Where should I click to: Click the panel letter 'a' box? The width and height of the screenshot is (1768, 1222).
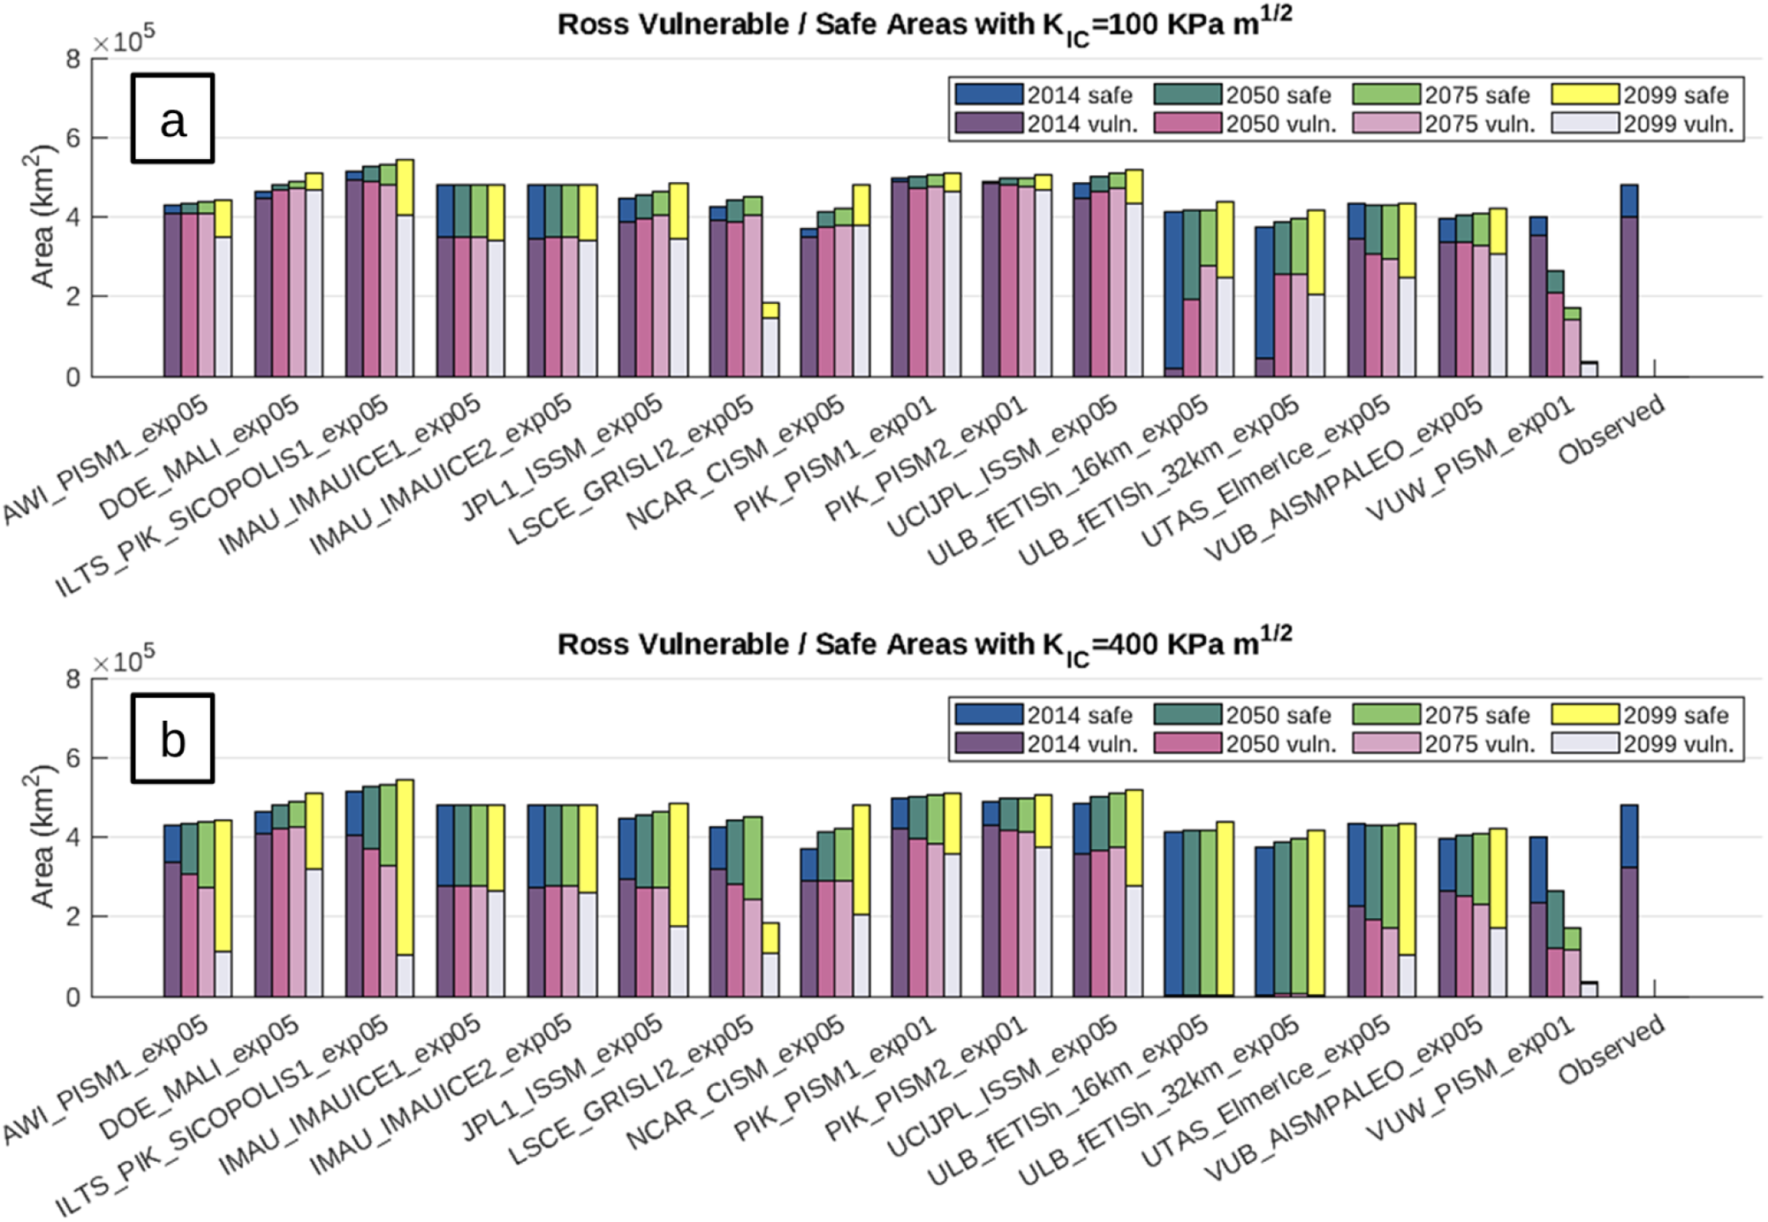(x=172, y=118)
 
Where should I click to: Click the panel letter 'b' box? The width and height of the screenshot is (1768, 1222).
(x=172, y=739)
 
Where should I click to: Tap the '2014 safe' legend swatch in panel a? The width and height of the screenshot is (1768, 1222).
(x=989, y=95)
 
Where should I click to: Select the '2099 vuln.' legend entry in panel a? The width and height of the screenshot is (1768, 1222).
(x=1643, y=124)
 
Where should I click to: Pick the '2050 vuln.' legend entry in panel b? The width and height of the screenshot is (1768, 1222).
(x=1246, y=744)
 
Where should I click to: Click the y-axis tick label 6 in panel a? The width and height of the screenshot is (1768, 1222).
(x=72, y=138)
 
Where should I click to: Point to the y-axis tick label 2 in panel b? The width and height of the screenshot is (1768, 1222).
(x=72, y=917)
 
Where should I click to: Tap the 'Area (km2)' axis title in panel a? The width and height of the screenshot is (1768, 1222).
(x=42, y=217)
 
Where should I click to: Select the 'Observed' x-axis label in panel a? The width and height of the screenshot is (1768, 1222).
(x=1611, y=429)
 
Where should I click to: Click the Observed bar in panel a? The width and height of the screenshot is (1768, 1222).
(x=1629, y=281)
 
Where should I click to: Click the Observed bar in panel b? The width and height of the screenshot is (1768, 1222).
(x=1629, y=901)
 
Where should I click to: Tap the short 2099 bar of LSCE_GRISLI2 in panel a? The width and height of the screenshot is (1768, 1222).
(x=770, y=340)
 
